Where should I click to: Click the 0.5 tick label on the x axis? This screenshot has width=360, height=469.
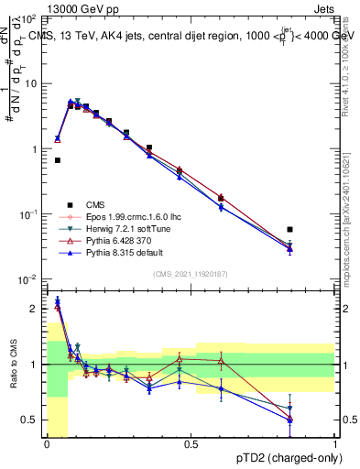point(191,443)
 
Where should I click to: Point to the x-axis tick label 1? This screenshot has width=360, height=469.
point(336,443)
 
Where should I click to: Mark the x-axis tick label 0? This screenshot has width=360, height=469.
point(47,443)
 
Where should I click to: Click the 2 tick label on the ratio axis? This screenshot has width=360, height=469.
point(35,309)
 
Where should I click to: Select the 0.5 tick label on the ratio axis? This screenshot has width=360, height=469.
point(31,420)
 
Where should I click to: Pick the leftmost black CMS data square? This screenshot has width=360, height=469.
point(58,160)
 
